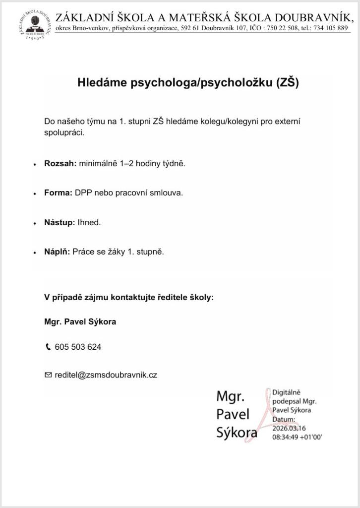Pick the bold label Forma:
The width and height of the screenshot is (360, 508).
pyautogui.click(x=59, y=192)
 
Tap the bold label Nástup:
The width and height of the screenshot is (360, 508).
pyautogui.click(x=60, y=222)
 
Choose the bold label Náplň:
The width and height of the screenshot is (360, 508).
pyautogui.click(x=57, y=252)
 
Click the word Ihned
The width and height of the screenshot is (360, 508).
pyautogui.click(x=89, y=222)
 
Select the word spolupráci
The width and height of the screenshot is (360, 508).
pyautogui.click(x=64, y=133)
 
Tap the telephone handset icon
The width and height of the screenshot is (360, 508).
pyautogui.click(x=48, y=347)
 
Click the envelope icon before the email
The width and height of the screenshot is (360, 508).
pyautogui.click(x=48, y=375)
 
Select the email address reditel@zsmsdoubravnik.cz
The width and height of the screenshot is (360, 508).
pyautogui.click(x=106, y=375)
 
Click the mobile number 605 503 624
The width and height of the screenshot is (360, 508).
pyautogui.click(x=78, y=347)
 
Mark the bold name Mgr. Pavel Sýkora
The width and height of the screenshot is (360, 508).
pyautogui.click(x=80, y=321)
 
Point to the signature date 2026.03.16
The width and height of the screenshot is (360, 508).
pyautogui.click(x=290, y=429)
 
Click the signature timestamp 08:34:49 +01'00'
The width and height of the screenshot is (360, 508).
pyautogui.click(x=297, y=437)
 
